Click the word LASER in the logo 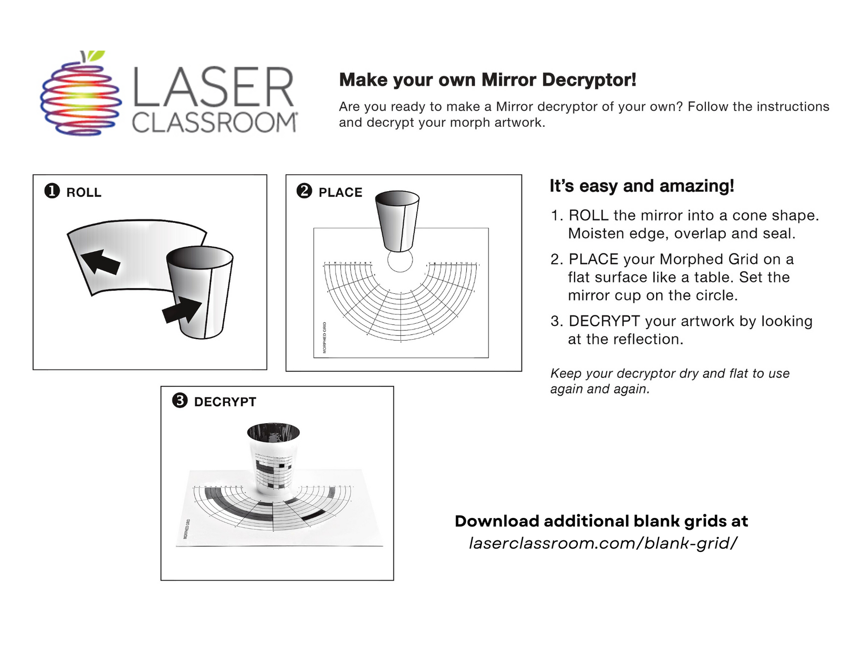point(213,87)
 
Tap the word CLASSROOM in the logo point(215,123)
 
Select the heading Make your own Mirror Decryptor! point(488,80)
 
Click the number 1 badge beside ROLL point(52,191)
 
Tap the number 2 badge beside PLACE point(304,191)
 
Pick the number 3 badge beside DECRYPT point(180,401)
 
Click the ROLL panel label point(84,192)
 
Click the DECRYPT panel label point(225,402)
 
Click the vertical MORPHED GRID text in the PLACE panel point(324,337)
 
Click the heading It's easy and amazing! point(642,186)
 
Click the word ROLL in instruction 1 point(589,216)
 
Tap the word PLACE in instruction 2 point(593,259)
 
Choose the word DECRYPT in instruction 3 point(604,321)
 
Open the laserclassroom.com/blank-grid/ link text point(603,543)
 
